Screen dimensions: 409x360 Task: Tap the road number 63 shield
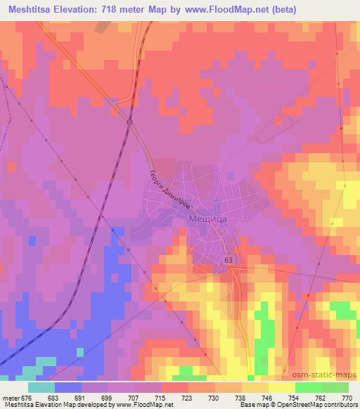point(229,260)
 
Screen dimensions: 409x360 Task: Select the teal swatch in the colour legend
point(41,387)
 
